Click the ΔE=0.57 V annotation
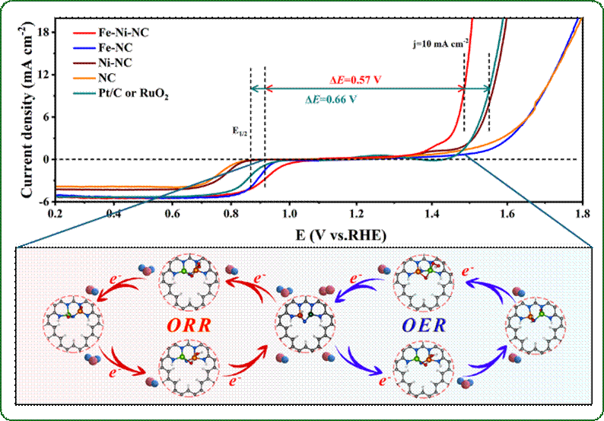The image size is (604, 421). pyautogui.click(x=354, y=80)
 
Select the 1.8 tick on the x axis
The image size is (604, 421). pyautogui.click(x=582, y=215)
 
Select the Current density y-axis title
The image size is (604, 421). pyautogui.click(x=27, y=114)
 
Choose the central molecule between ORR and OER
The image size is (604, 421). pyautogui.click(x=304, y=317)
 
